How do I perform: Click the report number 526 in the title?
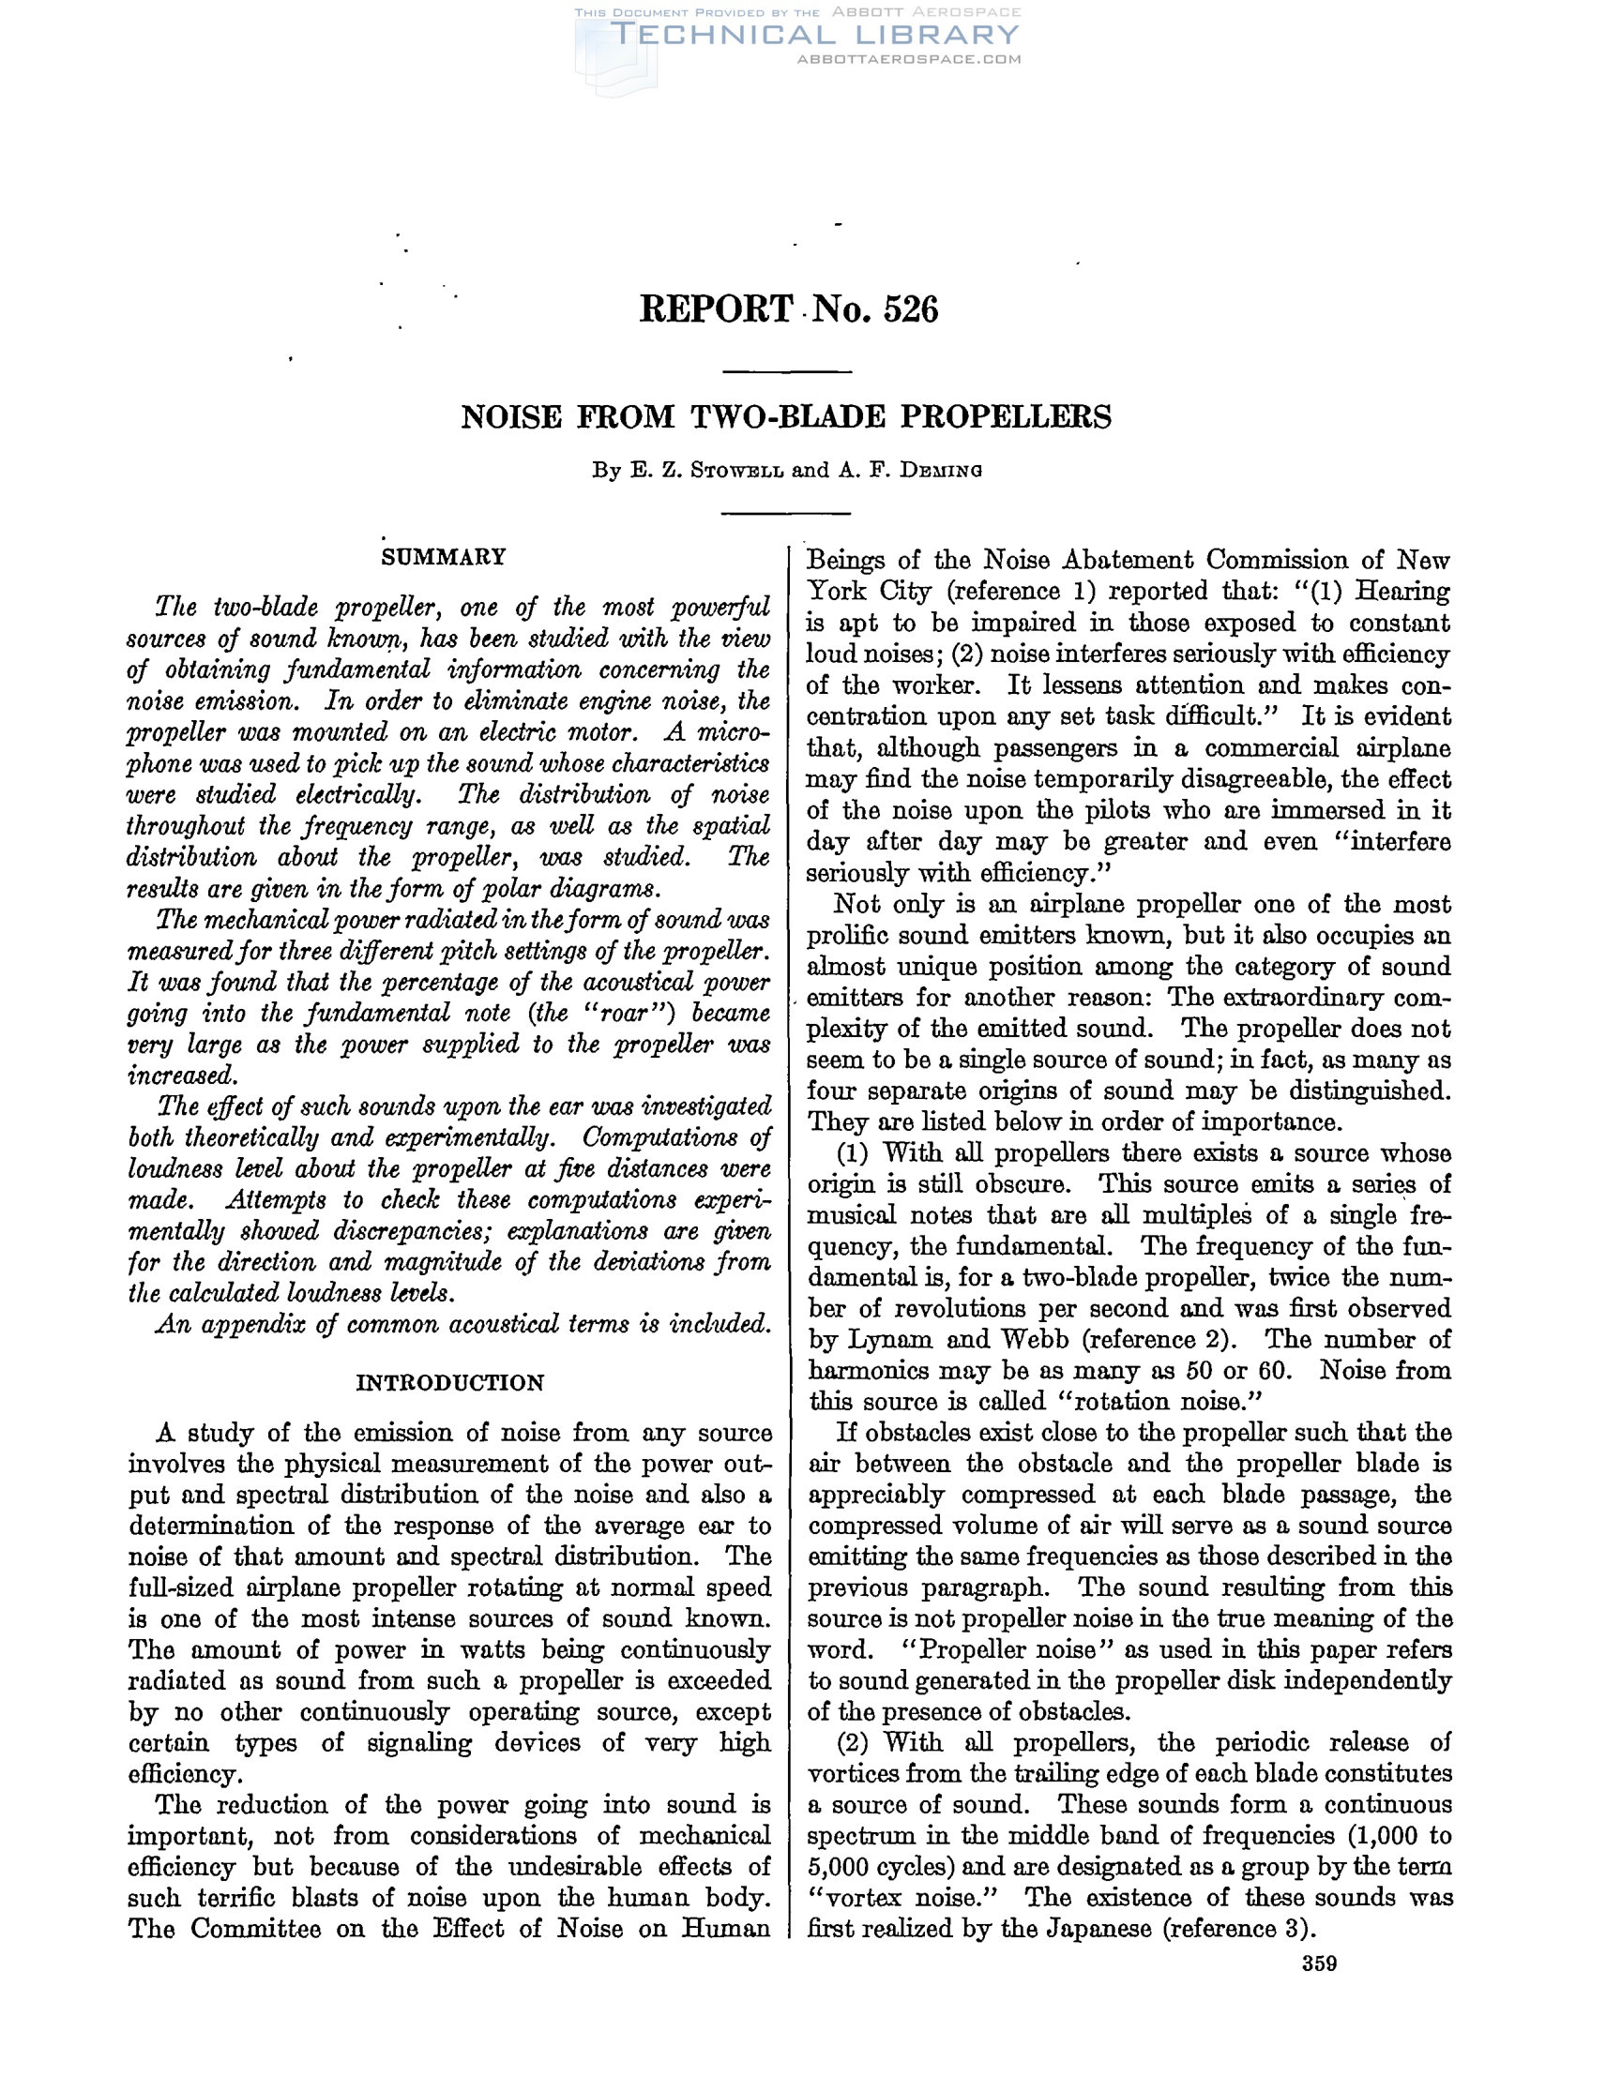[910, 309]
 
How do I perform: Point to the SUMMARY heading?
[443, 557]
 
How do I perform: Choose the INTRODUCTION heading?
[449, 1383]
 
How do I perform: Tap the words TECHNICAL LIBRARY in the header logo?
[815, 36]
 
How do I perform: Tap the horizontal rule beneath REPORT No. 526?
[786, 371]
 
